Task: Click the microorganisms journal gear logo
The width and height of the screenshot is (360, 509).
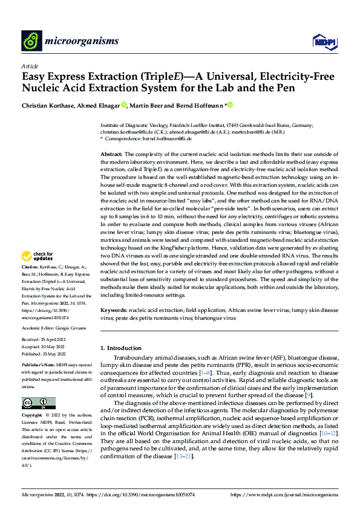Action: tap(32, 41)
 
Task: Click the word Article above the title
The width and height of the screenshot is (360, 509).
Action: tap(30, 66)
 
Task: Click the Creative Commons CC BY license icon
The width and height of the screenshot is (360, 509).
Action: tap(38, 403)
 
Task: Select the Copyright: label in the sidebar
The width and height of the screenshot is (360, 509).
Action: tap(32, 416)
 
